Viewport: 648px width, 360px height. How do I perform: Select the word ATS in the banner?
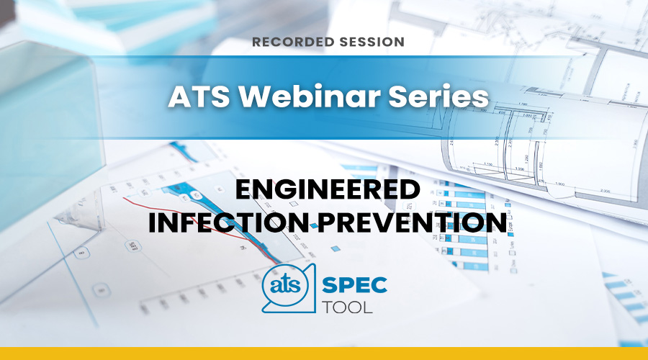[x=199, y=96]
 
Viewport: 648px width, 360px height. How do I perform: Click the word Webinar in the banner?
[x=310, y=96]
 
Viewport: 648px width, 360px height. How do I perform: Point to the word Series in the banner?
[x=439, y=96]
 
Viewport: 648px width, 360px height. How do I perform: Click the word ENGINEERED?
[x=328, y=189]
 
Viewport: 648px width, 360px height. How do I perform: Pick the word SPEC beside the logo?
[x=354, y=285]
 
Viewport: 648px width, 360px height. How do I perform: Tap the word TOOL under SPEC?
[x=347, y=307]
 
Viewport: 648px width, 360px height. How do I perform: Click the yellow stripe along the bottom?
[x=324, y=354]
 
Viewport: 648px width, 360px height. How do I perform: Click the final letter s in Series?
[x=482, y=99]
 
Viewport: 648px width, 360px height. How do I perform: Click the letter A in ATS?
[x=179, y=96]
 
